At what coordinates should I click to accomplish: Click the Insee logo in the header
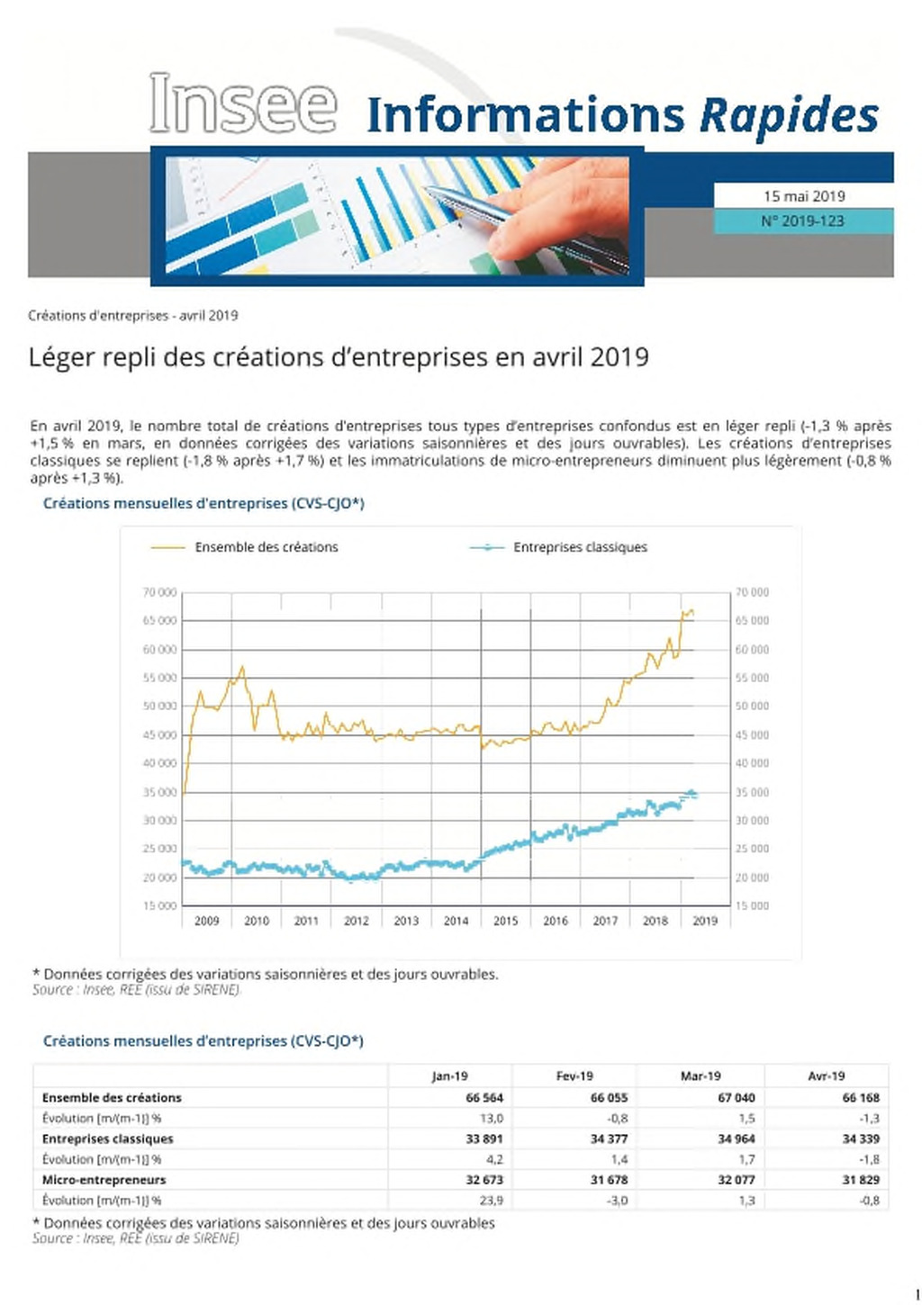243,103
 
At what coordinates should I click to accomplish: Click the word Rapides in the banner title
789,115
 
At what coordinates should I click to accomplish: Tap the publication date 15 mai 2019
804,196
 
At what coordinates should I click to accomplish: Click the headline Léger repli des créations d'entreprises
339,356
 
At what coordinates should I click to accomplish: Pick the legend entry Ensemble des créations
267,547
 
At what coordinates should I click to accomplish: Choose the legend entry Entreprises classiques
580,547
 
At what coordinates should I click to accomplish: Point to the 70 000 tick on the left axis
159,592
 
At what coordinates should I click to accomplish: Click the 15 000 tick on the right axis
752,906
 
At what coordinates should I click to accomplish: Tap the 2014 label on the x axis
456,921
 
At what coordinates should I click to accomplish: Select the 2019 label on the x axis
705,921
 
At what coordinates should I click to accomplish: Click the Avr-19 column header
826,1076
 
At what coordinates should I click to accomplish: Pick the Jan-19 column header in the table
449,1076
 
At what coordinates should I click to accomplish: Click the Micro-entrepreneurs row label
104,1180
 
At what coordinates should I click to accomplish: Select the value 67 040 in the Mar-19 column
737,1098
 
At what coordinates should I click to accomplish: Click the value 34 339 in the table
861,1138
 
